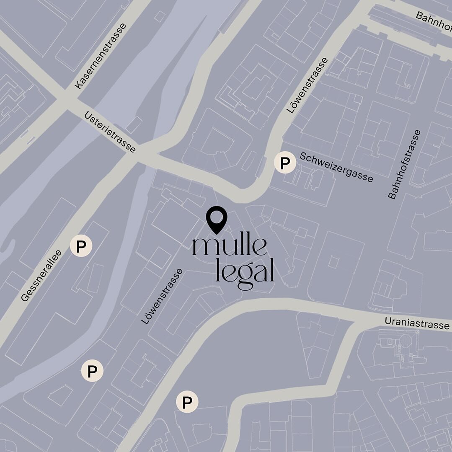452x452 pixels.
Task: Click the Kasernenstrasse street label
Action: click(101, 56)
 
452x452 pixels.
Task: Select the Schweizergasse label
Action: click(336, 167)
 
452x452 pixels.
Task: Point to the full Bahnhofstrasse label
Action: click(404, 164)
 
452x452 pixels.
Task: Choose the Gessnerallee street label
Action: click(41, 275)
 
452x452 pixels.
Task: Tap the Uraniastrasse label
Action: click(417, 323)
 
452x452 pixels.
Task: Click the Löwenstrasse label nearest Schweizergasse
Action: click(308, 85)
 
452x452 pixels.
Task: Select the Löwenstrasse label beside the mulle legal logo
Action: click(162, 296)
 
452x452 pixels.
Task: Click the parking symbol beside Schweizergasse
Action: click(285, 162)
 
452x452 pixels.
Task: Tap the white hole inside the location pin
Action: click(217, 217)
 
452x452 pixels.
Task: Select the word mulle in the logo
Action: click(230, 247)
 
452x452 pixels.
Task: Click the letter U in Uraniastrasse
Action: click(388, 321)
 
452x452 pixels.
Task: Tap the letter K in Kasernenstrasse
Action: click(78, 85)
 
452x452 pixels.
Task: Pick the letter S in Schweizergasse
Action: click(303, 156)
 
